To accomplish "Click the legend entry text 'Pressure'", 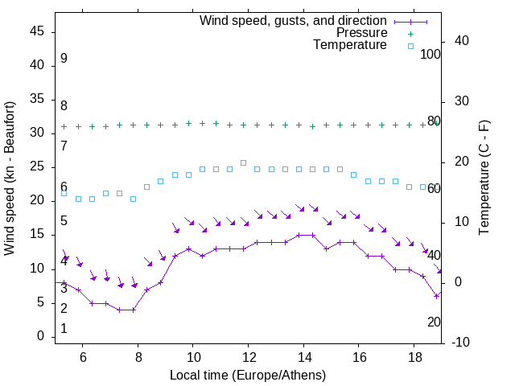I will point(362,33).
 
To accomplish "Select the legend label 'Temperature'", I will point(350,46).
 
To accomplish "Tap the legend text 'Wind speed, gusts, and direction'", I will point(294,20).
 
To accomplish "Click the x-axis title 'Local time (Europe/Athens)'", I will point(248,376).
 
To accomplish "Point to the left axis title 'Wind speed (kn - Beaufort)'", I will point(10,179).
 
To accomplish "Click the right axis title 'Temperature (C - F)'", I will point(484,179).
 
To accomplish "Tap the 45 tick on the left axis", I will point(37,31).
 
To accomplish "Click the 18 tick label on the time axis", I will point(414,358).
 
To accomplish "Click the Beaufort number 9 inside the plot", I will point(64,59).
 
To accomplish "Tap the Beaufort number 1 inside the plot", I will point(64,329).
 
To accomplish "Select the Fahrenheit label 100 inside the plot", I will point(431,54).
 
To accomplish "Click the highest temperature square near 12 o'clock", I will point(243,162).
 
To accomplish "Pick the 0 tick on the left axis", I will point(40,336).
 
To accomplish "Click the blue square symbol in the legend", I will point(410,46).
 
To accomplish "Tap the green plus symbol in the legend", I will point(410,33).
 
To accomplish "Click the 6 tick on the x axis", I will point(83,358).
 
